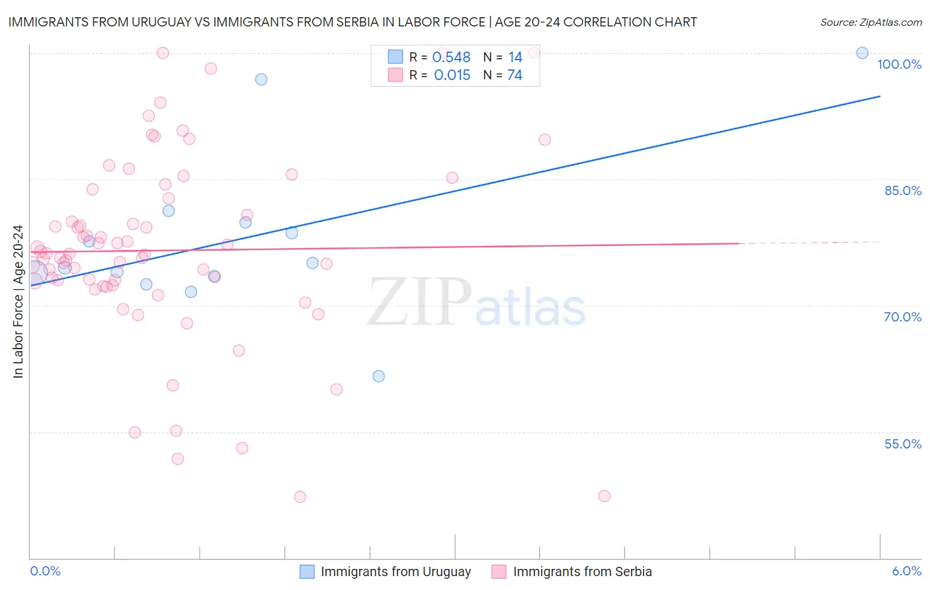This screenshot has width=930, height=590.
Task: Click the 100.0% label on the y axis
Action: pos(899,64)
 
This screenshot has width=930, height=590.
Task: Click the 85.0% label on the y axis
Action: pos(903,190)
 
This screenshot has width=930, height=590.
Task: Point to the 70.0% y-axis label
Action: pos(903,317)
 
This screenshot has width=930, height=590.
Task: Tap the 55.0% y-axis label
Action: pos(903,444)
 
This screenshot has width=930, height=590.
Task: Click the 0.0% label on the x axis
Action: pos(45,571)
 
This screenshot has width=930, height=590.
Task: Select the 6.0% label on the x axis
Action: pos(907,571)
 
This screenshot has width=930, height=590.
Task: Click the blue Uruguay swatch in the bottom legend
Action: pos(307,571)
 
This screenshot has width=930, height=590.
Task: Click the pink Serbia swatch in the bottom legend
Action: pos(499,571)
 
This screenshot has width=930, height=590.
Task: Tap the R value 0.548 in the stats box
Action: pos(451,58)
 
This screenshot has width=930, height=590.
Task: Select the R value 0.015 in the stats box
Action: pos(452,75)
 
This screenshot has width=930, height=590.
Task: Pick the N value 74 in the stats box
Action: pos(515,75)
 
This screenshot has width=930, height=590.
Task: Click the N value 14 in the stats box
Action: pos(515,58)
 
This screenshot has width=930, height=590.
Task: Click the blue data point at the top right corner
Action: pos(862,53)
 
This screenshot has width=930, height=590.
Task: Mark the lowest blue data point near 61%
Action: pos(378,376)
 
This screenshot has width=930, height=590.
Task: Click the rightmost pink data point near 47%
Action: pos(604,496)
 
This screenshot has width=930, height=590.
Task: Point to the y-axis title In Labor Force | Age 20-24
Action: pos(18,302)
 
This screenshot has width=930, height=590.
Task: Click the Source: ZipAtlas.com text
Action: pos(870,22)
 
